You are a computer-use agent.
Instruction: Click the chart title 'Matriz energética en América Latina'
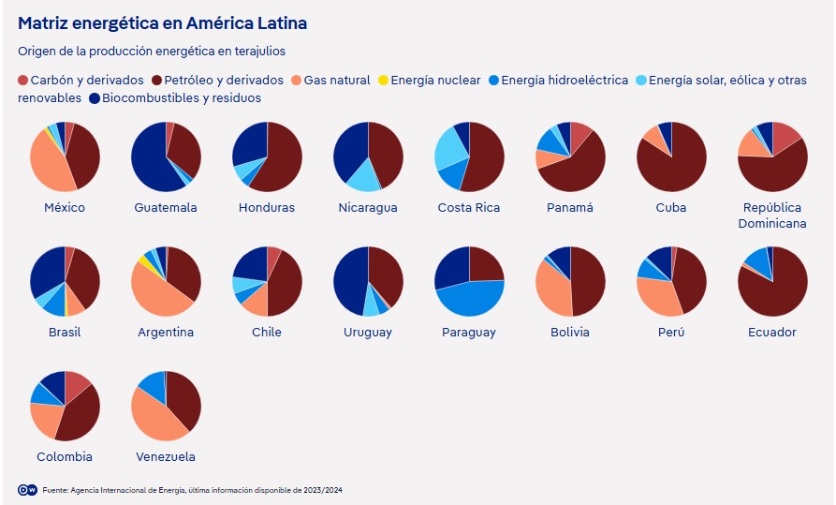pyautogui.click(x=162, y=22)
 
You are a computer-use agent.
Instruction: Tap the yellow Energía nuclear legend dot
pyautogui.click(x=384, y=81)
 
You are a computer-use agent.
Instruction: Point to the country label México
pyautogui.click(x=65, y=207)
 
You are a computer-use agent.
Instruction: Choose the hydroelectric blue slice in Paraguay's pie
pyautogui.click(x=468, y=298)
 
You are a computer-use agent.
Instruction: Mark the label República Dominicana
pyautogui.click(x=771, y=215)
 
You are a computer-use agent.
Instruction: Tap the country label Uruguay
pyautogui.click(x=368, y=332)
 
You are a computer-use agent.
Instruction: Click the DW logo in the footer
pyautogui.click(x=27, y=490)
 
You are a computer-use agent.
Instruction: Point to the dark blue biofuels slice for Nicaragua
pyautogui.click(x=351, y=145)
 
